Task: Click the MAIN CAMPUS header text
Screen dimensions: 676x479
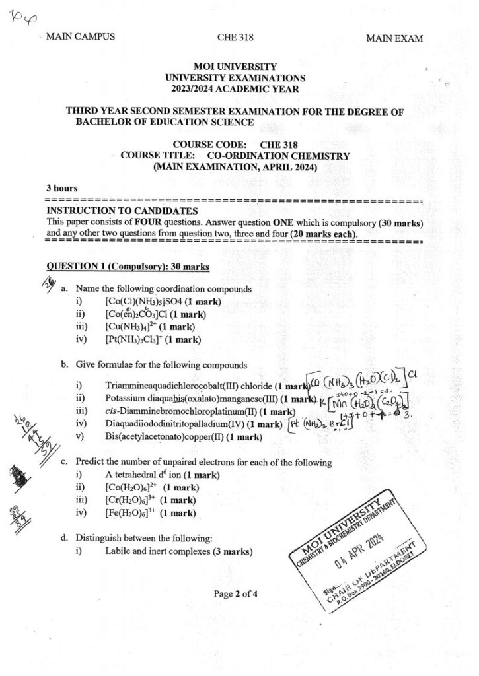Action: (x=80, y=36)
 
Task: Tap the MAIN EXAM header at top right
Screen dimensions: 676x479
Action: (x=394, y=39)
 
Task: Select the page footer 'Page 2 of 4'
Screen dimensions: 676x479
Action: (x=235, y=593)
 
